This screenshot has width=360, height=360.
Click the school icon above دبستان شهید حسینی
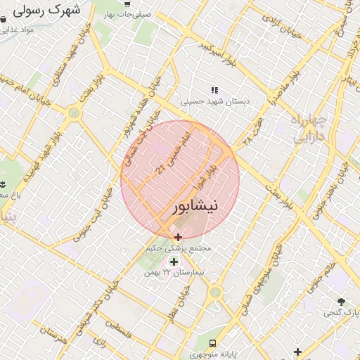pos(214,90)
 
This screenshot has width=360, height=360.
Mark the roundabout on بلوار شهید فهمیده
pos(75,112)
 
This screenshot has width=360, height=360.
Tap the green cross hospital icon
pos(174,262)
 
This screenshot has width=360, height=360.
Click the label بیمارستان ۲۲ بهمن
pos(172,273)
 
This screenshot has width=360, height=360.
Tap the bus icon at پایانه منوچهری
pos(212,342)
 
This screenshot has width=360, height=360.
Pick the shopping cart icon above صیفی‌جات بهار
pos(126,3)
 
